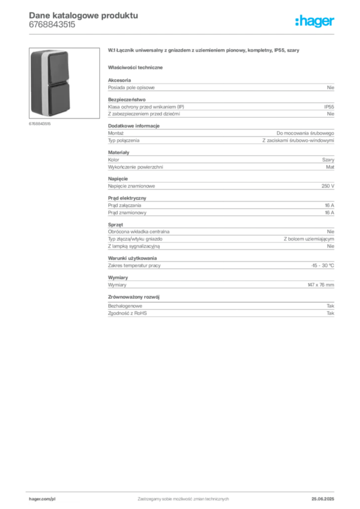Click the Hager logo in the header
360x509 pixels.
315,21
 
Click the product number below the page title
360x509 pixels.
52,25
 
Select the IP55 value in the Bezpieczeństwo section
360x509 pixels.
329,107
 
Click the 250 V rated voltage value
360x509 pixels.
328,186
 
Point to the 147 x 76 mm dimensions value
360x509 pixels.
321,285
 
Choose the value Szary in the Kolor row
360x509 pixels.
328,160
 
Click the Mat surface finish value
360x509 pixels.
330,167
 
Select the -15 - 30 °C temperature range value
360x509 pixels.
322,265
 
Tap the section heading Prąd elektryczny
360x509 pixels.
127,198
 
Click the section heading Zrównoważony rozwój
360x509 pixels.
134,297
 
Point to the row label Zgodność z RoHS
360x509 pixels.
127,313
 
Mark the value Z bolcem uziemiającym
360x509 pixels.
309,239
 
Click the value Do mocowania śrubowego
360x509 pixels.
305,133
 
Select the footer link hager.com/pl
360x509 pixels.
42,499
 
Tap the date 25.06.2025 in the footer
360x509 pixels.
323,499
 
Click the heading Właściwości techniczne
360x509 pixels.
135,68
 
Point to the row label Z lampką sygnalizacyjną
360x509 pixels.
134,247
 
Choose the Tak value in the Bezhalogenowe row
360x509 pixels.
331,306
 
